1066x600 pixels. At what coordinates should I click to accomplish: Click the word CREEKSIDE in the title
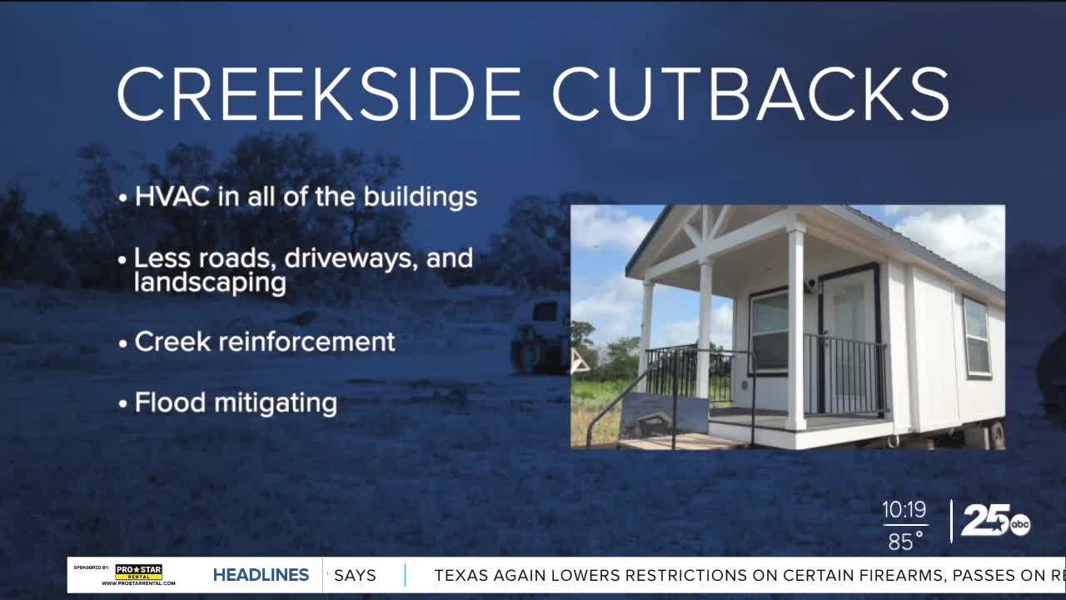(319, 94)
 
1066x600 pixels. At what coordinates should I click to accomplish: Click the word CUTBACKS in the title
(751, 94)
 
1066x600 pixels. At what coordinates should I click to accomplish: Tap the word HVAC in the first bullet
(172, 196)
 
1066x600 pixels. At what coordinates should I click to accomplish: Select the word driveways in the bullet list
(351, 258)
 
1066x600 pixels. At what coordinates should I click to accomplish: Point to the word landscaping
(210, 282)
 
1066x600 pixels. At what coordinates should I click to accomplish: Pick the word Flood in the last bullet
(170, 402)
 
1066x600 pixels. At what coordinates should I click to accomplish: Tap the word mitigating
(276, 403)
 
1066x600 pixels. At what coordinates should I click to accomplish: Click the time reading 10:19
(904, 509)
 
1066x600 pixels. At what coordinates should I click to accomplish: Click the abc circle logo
(1020, 525)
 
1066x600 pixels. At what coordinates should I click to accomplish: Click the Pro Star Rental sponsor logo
(138, 574)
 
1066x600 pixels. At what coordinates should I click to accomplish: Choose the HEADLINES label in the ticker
(261, 575)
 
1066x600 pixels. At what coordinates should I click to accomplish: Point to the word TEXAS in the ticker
(461, 576)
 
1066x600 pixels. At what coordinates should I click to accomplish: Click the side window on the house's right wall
(977, 337)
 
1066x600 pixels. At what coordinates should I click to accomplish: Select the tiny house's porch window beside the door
(769, 332)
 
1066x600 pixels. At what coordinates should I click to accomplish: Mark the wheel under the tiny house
(996, 434)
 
